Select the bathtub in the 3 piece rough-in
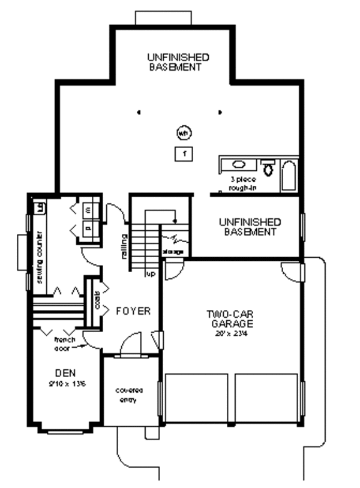pyautogui.click(x=289, y=176)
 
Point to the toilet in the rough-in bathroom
pyautogui.click(x=268, y=168)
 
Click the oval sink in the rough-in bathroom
pyautogui.click(x=238, y=164)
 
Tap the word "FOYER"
pyautogui.click(x=133, y=311)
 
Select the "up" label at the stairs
pyautogui.click(x=152, y=275)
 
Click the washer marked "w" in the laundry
pyautogui.click(x=88, y=209)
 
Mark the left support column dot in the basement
pyautogui.click(x=139, y=112)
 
